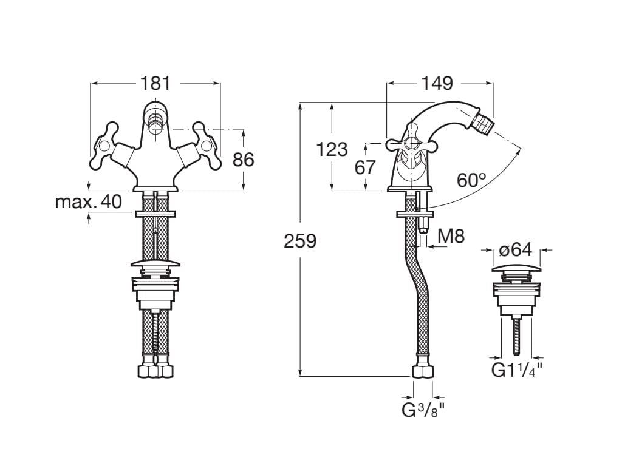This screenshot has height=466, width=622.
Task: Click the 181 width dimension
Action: [x=155, y=83]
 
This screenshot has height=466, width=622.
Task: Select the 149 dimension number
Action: [x=439, y=83]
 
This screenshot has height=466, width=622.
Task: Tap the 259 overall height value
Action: [x=301, y=241]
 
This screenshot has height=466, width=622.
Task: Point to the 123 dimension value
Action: [x=332, y=149]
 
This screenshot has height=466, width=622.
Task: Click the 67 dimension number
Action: [x=366, y=167]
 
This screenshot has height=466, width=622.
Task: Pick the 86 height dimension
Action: [x=243, y=160]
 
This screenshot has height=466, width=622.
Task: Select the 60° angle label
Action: [x=472, y=180]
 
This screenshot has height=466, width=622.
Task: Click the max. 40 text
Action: [x=89, y=201]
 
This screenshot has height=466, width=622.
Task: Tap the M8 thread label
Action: [x=451, y=236]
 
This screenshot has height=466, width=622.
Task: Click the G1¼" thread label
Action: [x=516, y=370]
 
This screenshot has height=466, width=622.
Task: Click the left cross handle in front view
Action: [x=106, y=146]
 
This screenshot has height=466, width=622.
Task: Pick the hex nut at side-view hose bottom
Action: [x=423, y=371]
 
